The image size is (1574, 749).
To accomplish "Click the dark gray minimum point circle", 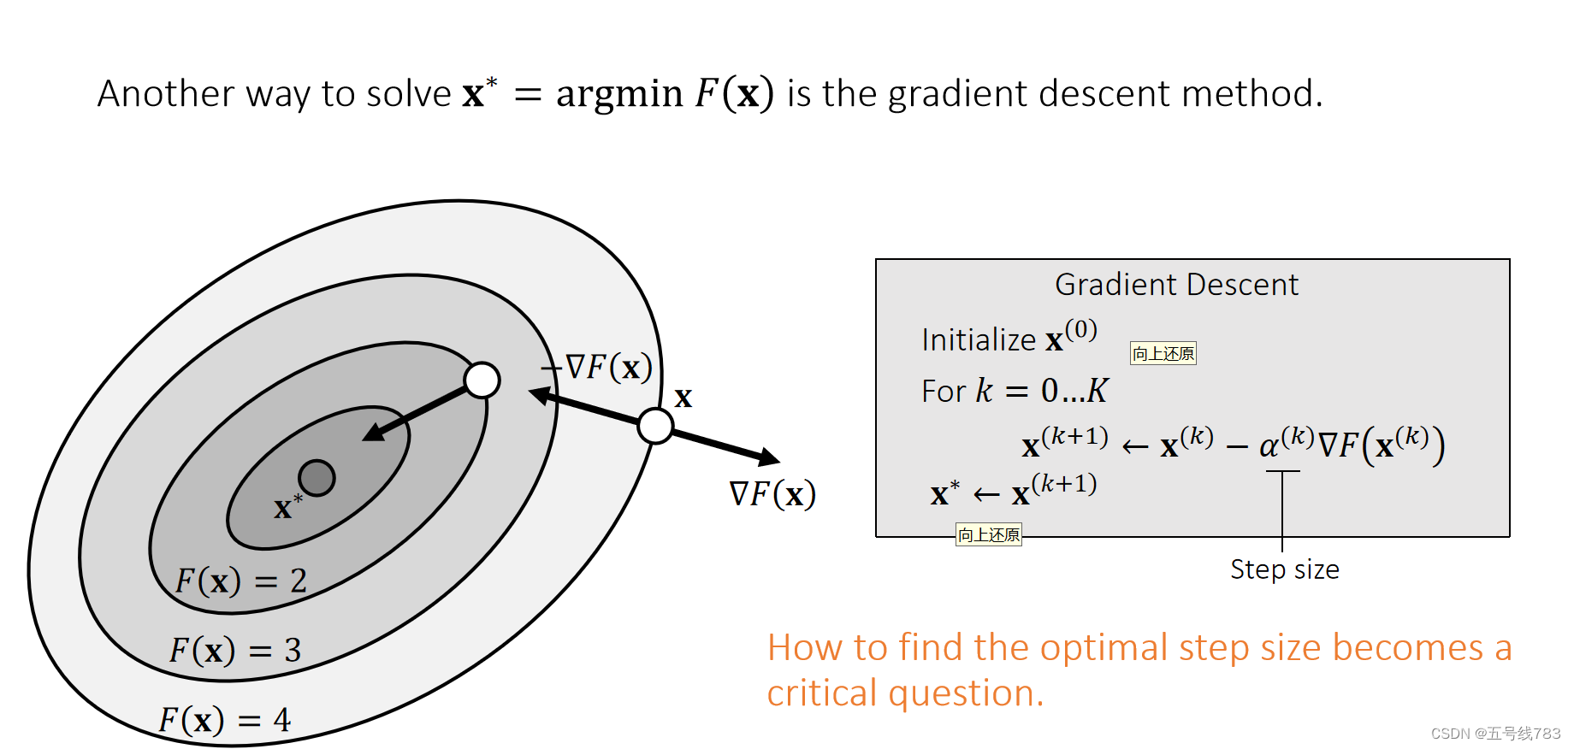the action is (317, 478).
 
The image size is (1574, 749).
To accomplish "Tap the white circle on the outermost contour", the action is (655, 425).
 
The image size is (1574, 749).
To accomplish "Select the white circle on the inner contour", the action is (482, 380).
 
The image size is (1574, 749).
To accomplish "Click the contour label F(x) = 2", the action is (240, 581).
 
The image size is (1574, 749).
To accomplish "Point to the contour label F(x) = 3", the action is (234, 651).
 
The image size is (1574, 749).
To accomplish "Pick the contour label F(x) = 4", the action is (224, 720).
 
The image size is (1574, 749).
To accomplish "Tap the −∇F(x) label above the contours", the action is (597, 368).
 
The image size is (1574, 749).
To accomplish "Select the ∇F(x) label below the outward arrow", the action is (772, 494).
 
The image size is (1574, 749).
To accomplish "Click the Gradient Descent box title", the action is (1176, 285).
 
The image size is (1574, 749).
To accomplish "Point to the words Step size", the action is (1284, 569).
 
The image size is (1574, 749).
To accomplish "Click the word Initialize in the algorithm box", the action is (978, 340).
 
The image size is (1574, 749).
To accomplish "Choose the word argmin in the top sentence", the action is (619, 94).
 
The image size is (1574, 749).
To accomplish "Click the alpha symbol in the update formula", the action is (1269, 445).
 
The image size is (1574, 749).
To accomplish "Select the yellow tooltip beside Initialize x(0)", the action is (1163, 353).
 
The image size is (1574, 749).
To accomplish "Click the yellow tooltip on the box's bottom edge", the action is (988, 535).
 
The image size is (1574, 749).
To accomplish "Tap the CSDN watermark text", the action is (1495, 734).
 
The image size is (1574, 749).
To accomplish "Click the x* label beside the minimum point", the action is (287, 507).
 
